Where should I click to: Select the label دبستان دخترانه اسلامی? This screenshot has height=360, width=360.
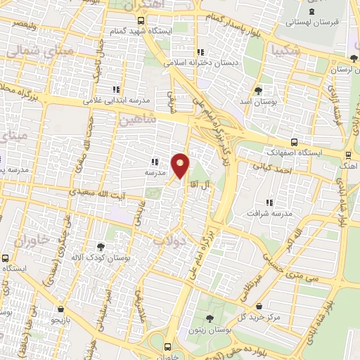(x=202, y=62)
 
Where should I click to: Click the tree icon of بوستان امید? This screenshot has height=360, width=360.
(x=259, y=91)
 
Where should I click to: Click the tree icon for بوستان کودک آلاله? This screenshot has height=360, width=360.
(x=101, y=247)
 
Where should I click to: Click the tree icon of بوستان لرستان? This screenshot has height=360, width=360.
(x=352, y=59)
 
